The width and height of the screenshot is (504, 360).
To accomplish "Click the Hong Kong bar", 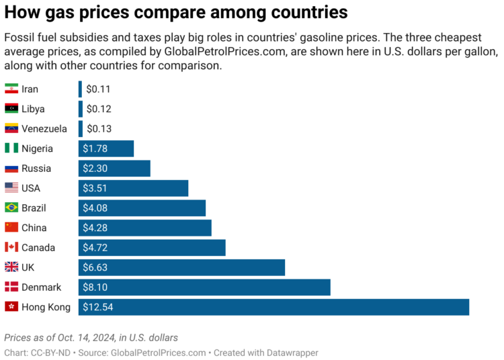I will [x=274, y=307].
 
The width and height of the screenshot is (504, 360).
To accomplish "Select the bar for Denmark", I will [x=204, y=287].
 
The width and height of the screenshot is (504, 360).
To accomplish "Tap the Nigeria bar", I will [x=106, y=148].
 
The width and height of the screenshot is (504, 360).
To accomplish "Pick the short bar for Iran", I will [x=80, y=89].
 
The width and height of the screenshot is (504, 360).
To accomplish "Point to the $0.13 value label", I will [x=99, y=129].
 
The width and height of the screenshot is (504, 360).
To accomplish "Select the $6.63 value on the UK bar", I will [x=95, y=267].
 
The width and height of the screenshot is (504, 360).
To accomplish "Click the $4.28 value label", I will [x=95, y=228].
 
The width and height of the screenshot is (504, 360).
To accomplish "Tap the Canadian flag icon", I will [x=11, y=248].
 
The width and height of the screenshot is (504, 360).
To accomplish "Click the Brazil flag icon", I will [x=11, y=208].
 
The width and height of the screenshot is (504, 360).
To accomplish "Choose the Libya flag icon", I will [x=11, y=109].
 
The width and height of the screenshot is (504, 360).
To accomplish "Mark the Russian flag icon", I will [x=11, y=169].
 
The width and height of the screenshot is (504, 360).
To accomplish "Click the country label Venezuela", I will [x=44, y=129].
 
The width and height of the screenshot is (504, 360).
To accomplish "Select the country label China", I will [x=34, y=228].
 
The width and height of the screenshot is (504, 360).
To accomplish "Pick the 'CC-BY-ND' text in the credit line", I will [x=50, y=353].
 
